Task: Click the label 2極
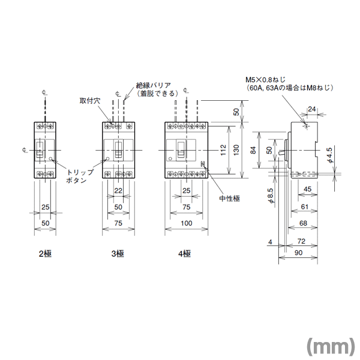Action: [x=45, y=254]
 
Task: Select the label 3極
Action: [x=117, y=254]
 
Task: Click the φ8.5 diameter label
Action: [x=271, y=196]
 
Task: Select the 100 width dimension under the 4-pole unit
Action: [x=186, y=223]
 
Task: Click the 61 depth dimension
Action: [x=305, y=206]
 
